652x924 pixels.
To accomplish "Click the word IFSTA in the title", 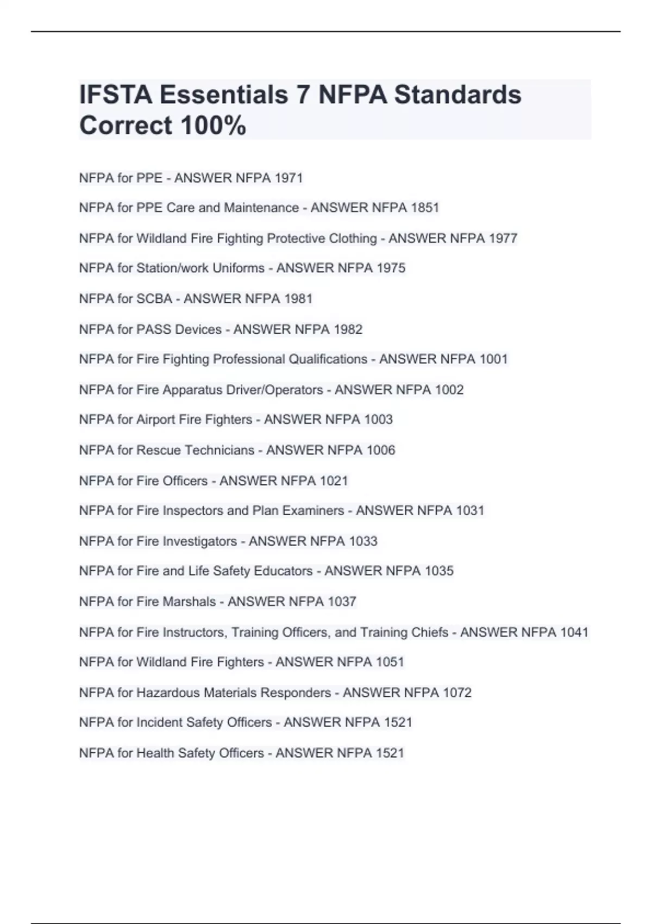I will pyautogui.click(x=115, y=95).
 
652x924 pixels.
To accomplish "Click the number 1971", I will pyautogui.click(x=289, y=178).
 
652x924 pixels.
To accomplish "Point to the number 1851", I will pyautogui.click(x=425, y=208).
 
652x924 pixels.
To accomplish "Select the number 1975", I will pyautogui.click(x=391, y=268).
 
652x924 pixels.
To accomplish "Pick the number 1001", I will pyautogui.click(x=493, y=359).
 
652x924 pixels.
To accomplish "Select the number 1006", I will pyautogui.click(x=381, y=450).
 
